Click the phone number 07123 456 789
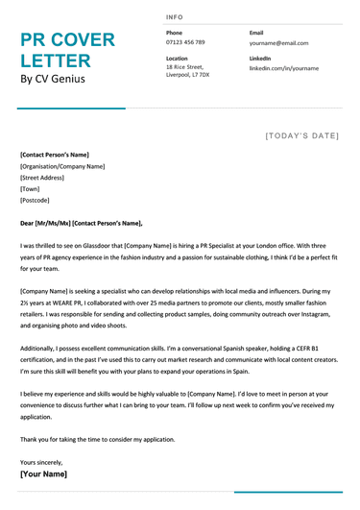(185, 43)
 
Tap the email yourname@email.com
(278, 43)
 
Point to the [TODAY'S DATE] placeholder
(301, 136)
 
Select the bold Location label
(177, 58)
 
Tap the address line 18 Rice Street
(186, 66)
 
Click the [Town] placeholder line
(30, 189)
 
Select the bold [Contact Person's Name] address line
(55, 155)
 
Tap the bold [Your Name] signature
(44, 474)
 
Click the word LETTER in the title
(57, 61)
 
